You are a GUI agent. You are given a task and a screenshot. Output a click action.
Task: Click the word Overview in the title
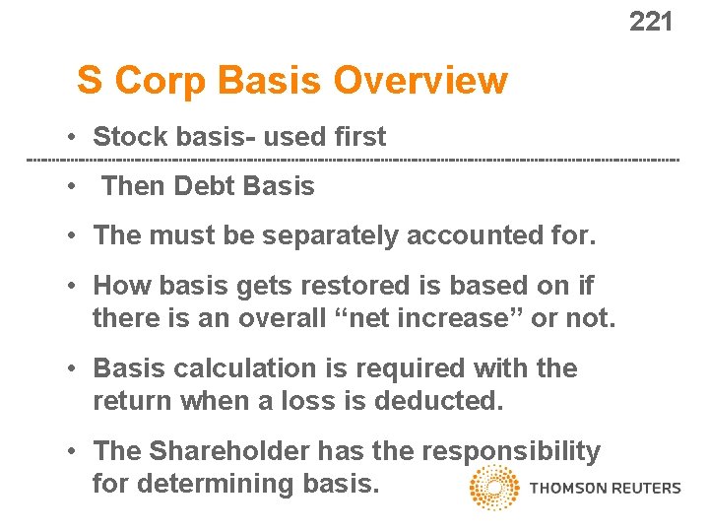pos(420,81)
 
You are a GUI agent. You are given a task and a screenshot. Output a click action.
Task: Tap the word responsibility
pos(510,451)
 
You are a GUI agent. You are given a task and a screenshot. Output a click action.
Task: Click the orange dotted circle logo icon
pos(494,488)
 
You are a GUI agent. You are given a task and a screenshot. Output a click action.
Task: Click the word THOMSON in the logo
pos(567,488)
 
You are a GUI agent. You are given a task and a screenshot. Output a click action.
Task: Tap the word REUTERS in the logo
pos(645,488)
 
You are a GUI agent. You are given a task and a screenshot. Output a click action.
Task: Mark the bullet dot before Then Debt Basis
pos(73,186)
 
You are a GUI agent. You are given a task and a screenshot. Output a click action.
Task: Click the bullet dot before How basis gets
pos(73,286)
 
